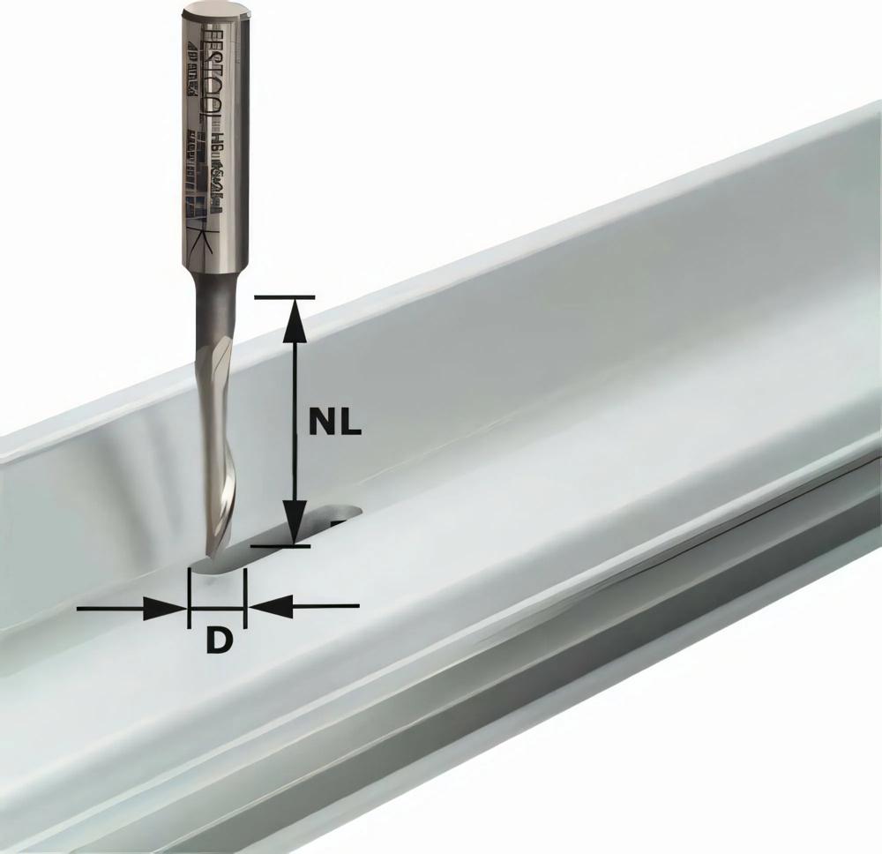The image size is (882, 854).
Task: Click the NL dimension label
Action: [x=334, y=423]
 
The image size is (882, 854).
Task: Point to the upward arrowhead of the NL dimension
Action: [x=295, y=319]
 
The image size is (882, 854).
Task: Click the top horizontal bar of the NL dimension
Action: [x=283, y=297]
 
